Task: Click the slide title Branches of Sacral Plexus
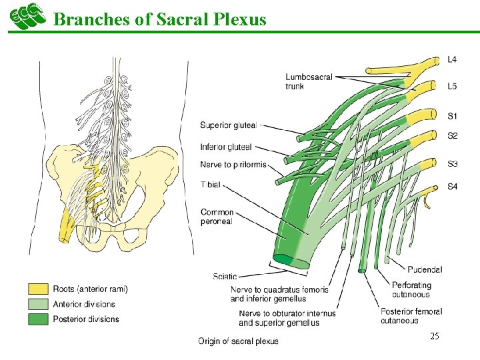pyautogui.click(x=159, y=19)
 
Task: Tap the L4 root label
pyautogui.click(x=452, y=59)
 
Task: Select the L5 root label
pyautogui.click(x=452, y=87)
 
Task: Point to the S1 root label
pyautogui.click(x=452, y=117)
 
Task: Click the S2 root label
pyautogui.click(x=452, y=135)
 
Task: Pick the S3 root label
pyautogui.click(x=452, y=163)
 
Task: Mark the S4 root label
pyautogui.click(x=452, y=187)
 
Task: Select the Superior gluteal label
pyautogui.click(x=226, y=125)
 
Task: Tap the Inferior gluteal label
pyautogui.click(x=226, y=147)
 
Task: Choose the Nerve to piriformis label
pyautogui.click(x=233, y=165)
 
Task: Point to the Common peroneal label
pyautogui.click(x=217, y=217)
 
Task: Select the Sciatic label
pyautogui.click(x=225, y=276)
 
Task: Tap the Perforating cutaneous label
pyautogui.click(x=411, y=290)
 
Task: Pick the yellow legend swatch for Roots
pyautogui.click(x=37, y=289)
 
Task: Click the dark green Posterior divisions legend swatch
pyautogui.click(x=37, y=319)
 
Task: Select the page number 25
pyautogui.click(x=435, y=337)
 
